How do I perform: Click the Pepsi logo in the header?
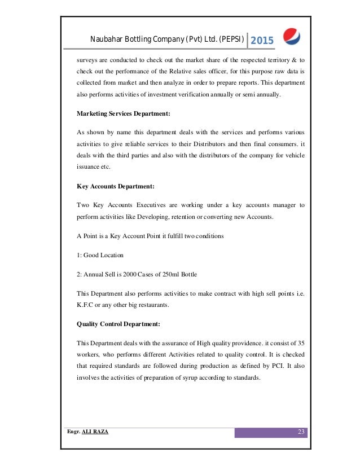click(x=291, y=37)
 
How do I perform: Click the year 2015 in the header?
click(x=261, y=40)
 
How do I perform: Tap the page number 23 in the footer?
click(x=301, y=432)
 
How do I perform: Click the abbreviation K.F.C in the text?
click(x=85, y=306)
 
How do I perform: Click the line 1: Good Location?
click(x=100, y=254)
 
